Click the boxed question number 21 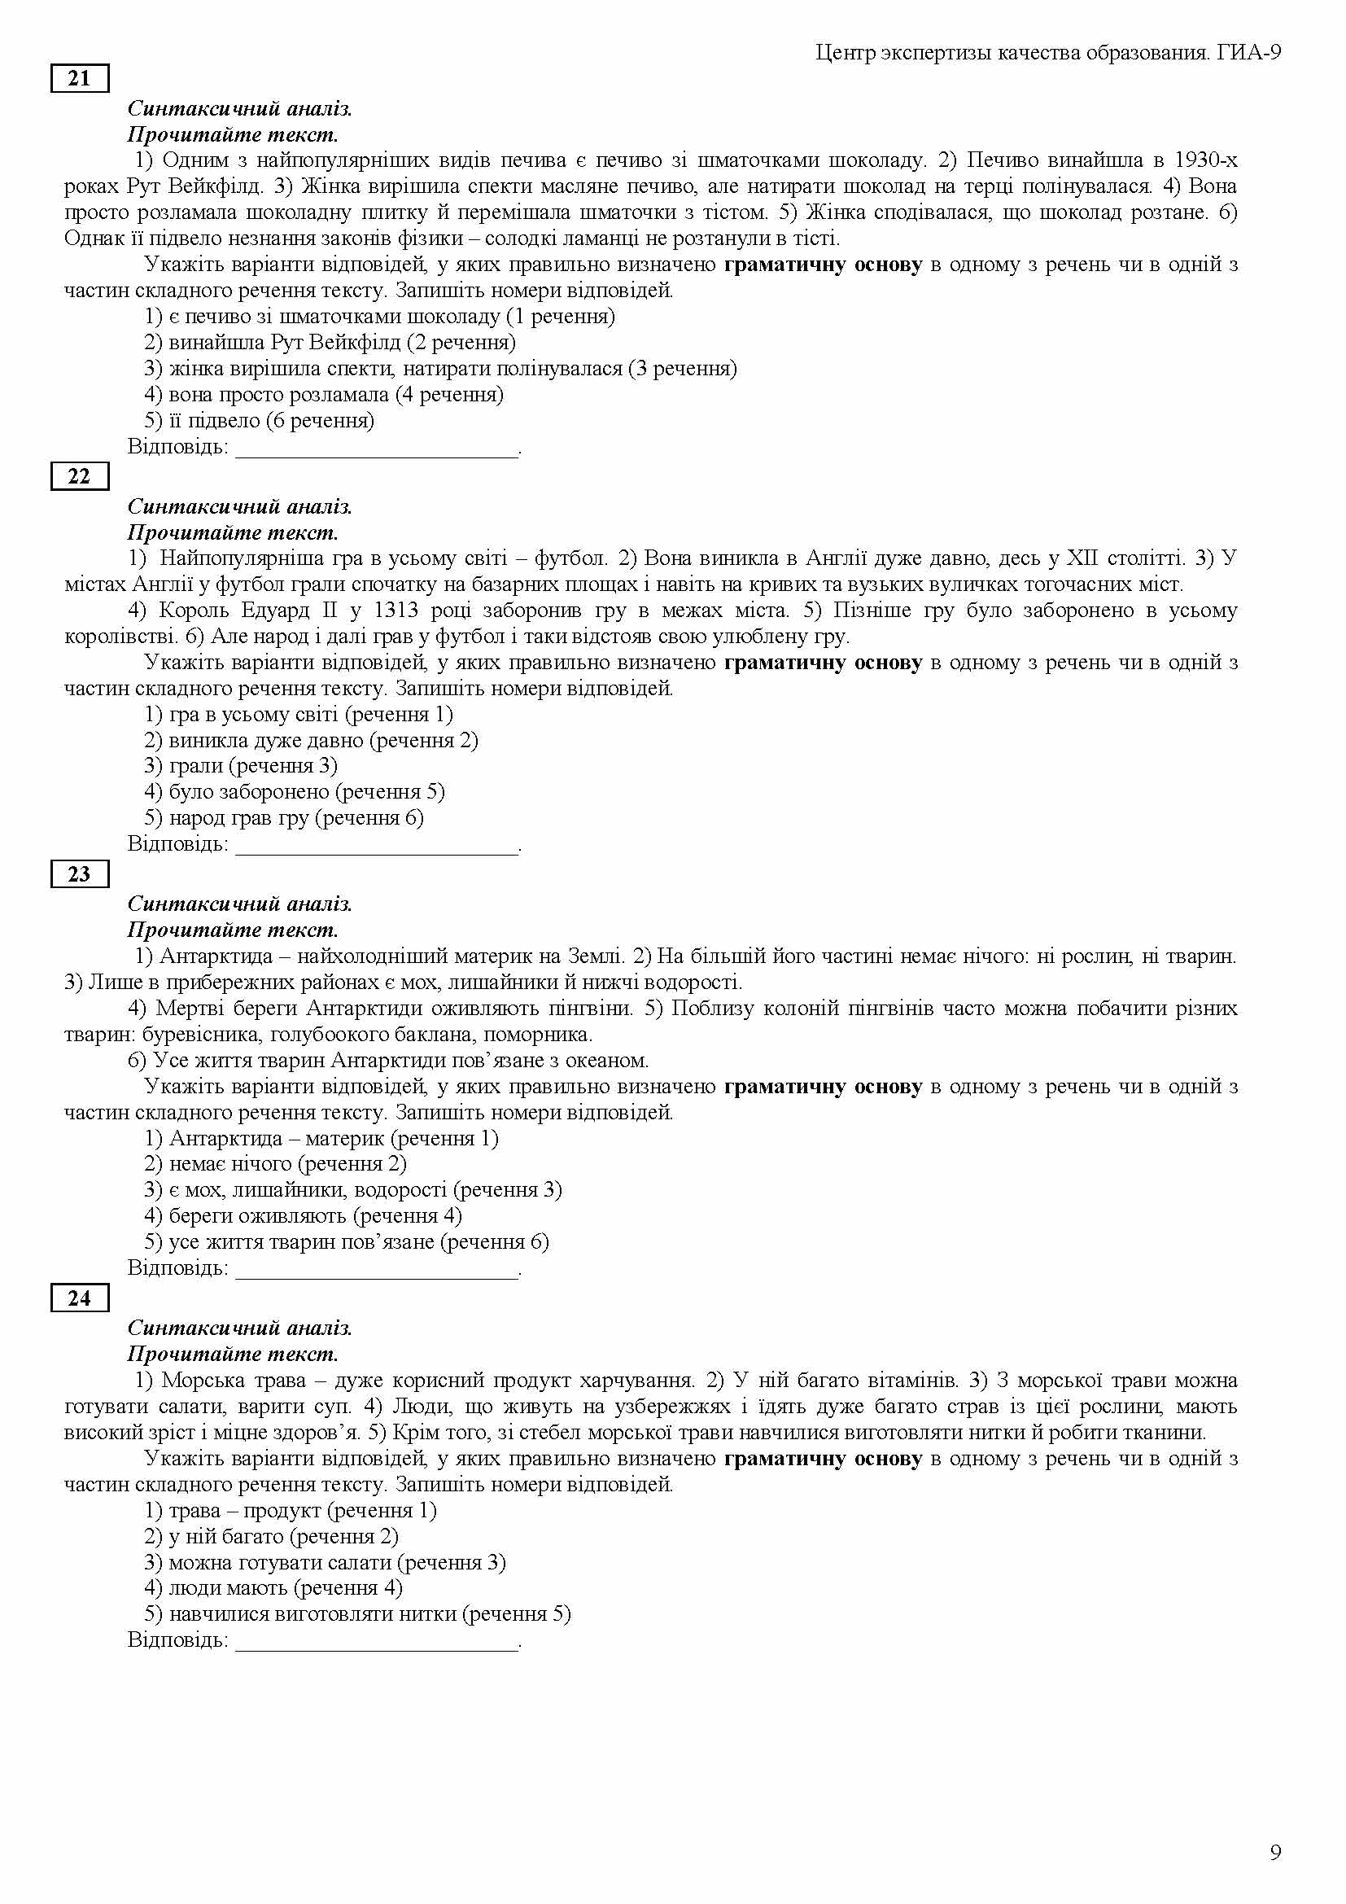pos(80,79)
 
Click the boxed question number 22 pos(80,477)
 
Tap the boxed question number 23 pos(80,874)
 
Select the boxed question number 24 pos(80,1298)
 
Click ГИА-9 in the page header pos(1249,53)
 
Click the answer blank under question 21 pos(377,448)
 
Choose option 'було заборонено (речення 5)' pos(295,792)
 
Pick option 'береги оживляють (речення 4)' pos(304,1216)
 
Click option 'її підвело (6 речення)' pos(260,422)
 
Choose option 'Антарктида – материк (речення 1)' pos(321,1139)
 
